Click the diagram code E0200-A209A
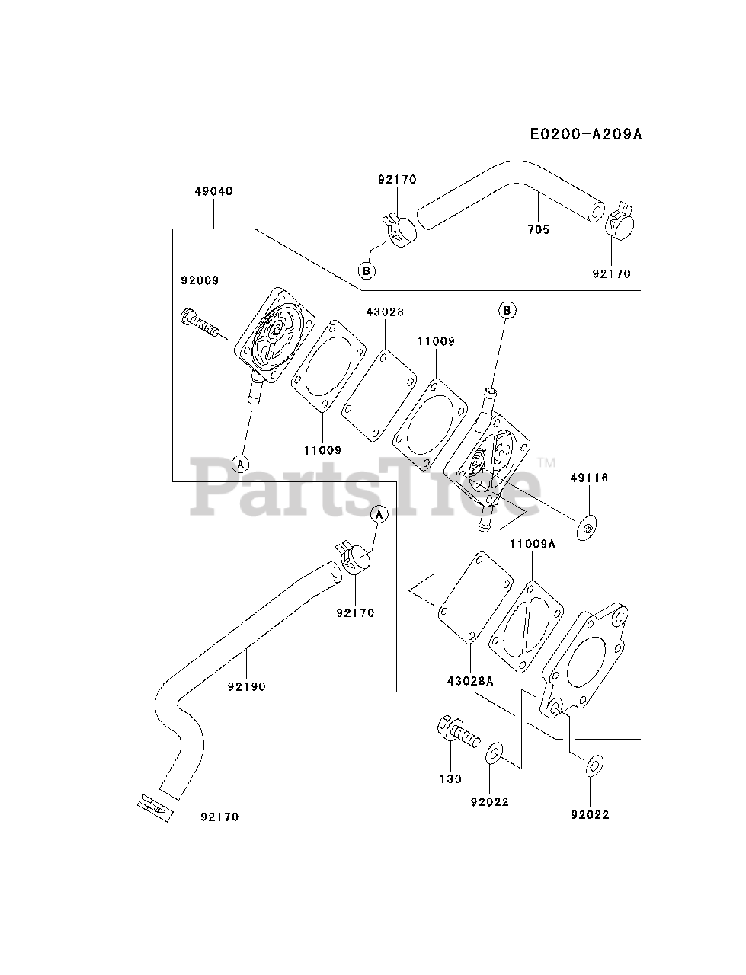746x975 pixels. coord(586,135)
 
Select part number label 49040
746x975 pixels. coord(213,191)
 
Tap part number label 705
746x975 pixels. coord(538,229)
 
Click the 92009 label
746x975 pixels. coord(200,280)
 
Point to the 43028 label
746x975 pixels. coord(385,312)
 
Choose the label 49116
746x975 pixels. coord(589,478)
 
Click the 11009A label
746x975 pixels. coord(533,544)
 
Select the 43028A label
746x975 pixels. coord(469,681)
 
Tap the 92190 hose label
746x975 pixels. coord(246,686)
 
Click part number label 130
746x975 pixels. coord(450,778)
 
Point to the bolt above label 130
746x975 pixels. coord(458,734)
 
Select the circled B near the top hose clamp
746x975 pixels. coord(367,270)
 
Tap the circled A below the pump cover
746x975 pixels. coord(241,463)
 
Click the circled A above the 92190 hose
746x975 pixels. coord(379,515)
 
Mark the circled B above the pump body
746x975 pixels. coord(507,310)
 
